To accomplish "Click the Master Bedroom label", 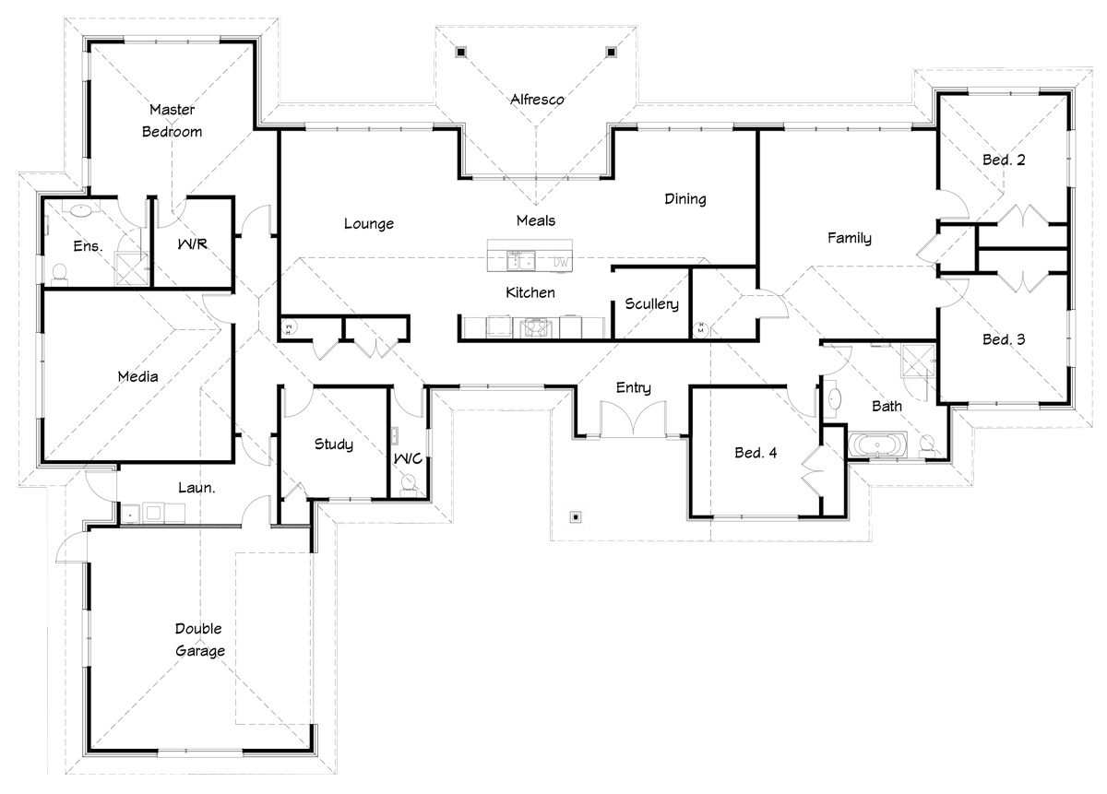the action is (172, 121).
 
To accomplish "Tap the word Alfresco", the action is (537, 100).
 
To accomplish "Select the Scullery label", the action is (651, 304).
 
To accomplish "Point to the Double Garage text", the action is (199, 639).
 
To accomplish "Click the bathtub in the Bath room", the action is (877, 444).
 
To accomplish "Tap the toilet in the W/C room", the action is (408, 483).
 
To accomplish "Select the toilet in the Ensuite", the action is (60, 274).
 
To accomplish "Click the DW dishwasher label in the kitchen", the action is (561, 263).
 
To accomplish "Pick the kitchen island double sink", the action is (520, 260).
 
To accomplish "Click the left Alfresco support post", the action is (460, 52).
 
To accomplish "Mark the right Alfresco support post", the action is (611, 52).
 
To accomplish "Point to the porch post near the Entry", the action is (576, 516).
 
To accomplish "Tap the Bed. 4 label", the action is (756, 453).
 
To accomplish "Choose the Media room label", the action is (137, 376).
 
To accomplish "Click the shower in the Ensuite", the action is (131, 268).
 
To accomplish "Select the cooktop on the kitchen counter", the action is (536, 327).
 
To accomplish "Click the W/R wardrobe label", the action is (192, 244).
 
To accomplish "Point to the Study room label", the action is (334, 444).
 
